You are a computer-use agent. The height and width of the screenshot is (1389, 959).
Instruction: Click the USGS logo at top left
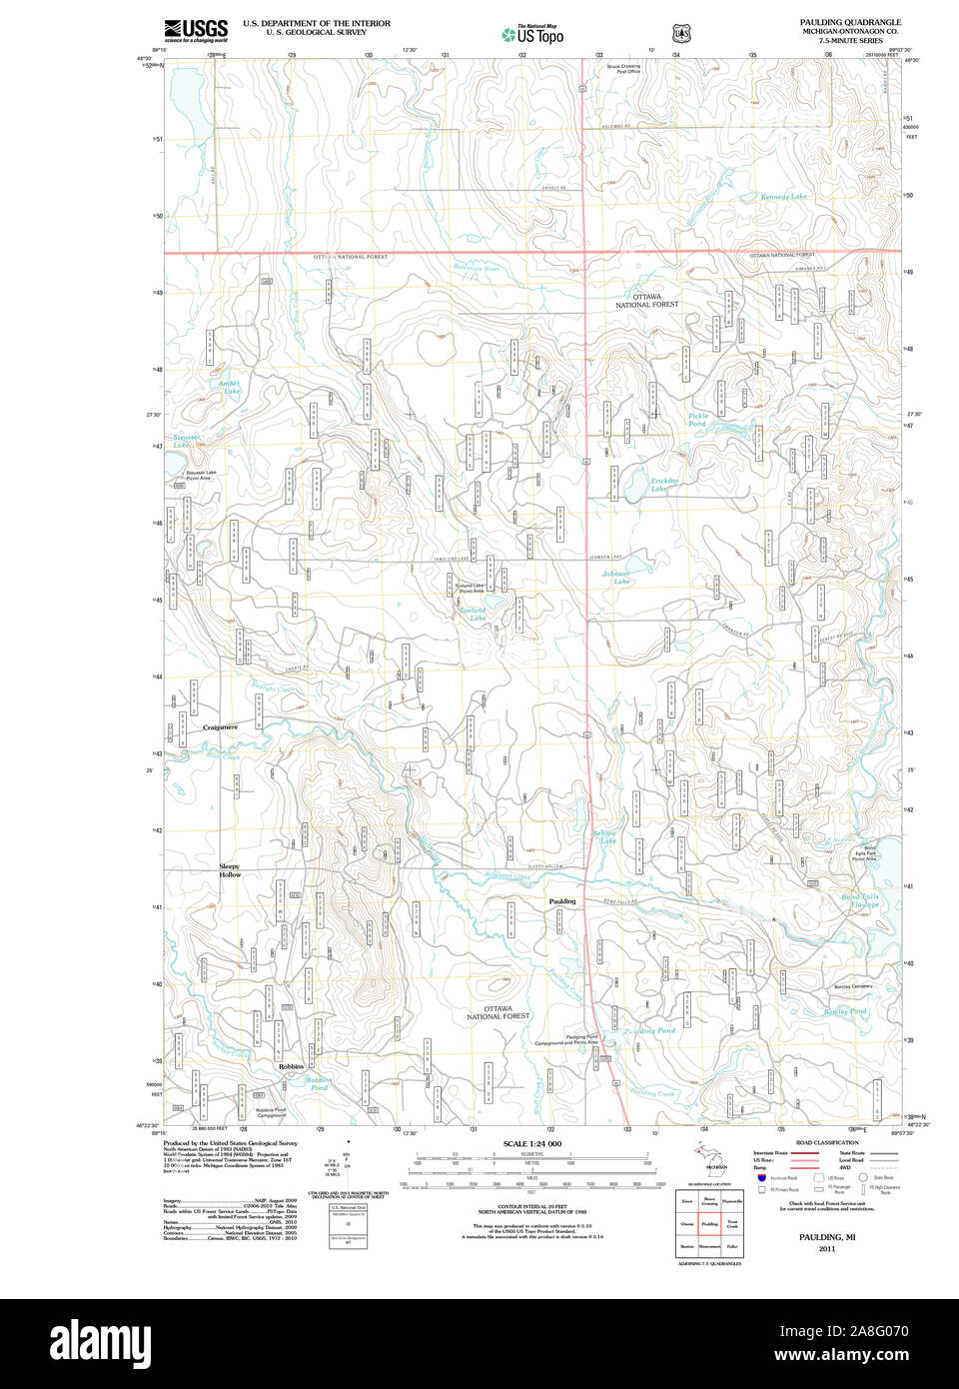click(x=197, y=30)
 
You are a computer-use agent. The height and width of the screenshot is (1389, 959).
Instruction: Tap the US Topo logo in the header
click(x=532, y=35)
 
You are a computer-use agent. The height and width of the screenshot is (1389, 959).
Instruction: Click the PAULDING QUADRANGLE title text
click(x=849, y=22)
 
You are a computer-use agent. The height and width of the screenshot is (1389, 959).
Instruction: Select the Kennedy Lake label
click(x=783, y=197)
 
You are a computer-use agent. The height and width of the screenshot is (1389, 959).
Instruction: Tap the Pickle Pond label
click(x=697, y=420)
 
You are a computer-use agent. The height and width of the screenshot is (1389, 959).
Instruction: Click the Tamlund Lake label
click(x=474, y=614)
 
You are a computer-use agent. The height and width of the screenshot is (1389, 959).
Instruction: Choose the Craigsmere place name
click(x=220, y=727)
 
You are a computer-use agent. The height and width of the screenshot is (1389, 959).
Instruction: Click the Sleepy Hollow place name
click(x=230, y=870)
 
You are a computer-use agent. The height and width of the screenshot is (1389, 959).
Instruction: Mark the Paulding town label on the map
click(x=562, y=901)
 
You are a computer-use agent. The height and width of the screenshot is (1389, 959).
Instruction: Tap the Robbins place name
click(x=291, y=1066)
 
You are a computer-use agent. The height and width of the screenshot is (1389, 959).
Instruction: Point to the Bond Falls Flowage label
click(x=860, y=900)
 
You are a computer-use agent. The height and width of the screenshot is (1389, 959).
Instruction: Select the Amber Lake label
click(x=230, y=387)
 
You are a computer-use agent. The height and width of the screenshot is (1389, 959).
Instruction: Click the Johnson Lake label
click(x=616, y=577)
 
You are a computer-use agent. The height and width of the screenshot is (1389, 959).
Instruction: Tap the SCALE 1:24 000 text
click(x=531, y=1143)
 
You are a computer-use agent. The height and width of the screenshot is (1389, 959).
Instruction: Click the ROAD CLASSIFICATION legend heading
click(x=826, y=1142)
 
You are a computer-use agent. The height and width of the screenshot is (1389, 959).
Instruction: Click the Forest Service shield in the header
click(x=681, y=34)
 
